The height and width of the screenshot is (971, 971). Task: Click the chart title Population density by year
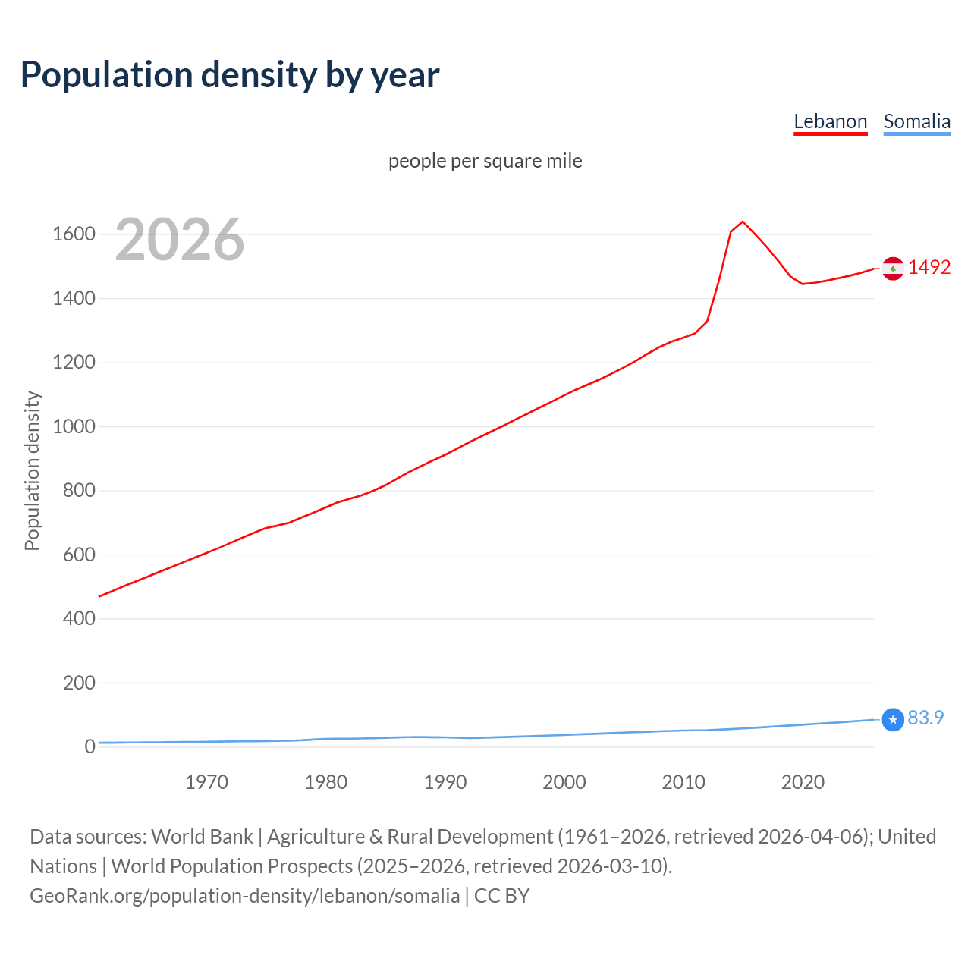pos(230,75)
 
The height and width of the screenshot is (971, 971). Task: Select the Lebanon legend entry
pos(830,121)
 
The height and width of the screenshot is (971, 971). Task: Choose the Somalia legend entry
pos(916,121)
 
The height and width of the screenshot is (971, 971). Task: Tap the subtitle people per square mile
pos(485,161)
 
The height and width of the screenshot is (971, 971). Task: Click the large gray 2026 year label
pos(180,240)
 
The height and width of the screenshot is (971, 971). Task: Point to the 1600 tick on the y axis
pos(74,234)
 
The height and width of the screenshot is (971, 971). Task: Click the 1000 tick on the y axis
pos(74,426)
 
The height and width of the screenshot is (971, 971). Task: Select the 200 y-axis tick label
pos(79,683)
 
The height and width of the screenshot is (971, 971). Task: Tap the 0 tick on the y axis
pos(90,746)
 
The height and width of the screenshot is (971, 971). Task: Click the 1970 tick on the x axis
pos(206,782)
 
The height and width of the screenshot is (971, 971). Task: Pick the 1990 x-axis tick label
pos(445,782)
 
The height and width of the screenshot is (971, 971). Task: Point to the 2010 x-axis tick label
pos(683,782)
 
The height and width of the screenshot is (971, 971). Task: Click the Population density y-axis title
pos(32,470)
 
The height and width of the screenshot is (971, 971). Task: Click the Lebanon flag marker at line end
pos(893,269)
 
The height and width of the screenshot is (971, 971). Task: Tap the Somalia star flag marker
pos(893,719)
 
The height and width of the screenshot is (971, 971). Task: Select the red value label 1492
pos(929,267)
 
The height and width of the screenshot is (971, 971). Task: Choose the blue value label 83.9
pos(925,718)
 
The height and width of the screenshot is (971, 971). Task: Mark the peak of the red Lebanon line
pos(743,222)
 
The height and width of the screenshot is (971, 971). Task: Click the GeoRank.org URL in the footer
pos(244,895)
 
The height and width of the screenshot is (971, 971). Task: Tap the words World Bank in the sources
pos(202,837)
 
